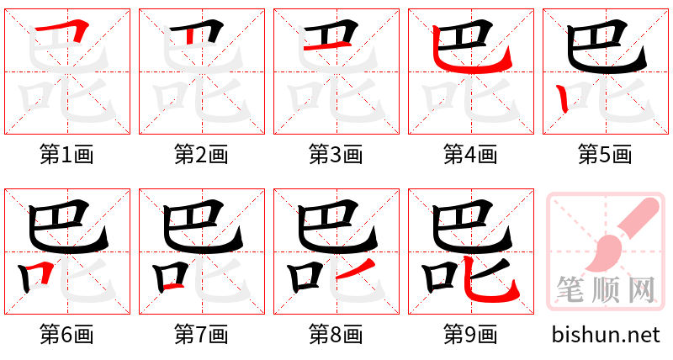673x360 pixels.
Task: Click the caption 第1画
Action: (x=66, y=155)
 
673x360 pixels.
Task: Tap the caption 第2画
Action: (x=201, y=155)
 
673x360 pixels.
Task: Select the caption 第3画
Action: (x=336, y=155)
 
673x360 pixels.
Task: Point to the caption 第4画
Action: (x=470, y=155)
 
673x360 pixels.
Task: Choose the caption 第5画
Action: (x=605, y=155)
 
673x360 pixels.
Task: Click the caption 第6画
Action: (x=66, y=335)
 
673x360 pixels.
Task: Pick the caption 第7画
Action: (x=201, y=335)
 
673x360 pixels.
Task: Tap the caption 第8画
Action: (x=336, y=335)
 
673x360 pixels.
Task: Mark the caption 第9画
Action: (x=470, y=335)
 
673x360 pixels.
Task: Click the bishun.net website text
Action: (x=606, y=335)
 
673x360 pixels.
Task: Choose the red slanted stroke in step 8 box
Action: (x=347, y=270)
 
